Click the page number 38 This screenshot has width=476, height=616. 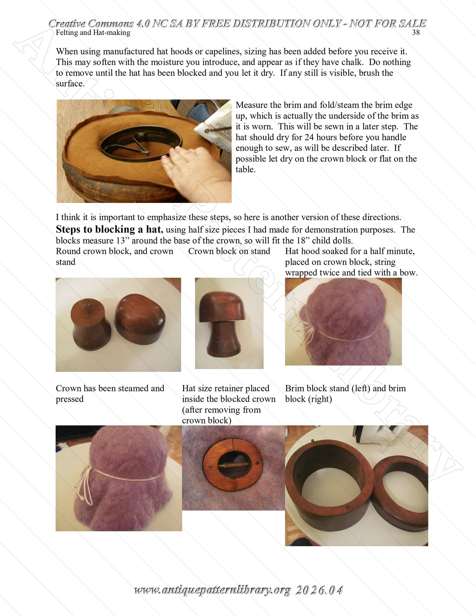pyautogui.click(x=416, y=33)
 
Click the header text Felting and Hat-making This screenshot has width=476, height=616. pyautogui.click(x=93, y=33)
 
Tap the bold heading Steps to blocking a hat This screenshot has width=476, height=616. pyautogui.click(x=109, y=229)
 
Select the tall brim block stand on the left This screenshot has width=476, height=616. pyautogui.click(x=330, y=486)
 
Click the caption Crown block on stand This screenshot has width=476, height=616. pyautogui.click(x=229, y=251)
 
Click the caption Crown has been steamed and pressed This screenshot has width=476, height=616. pyautogui.click(x=110, y=393)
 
